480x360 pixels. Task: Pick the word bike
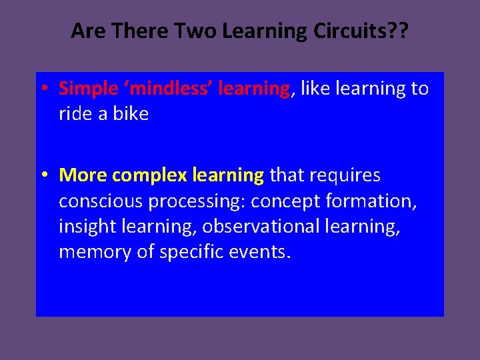[x=131, y=114]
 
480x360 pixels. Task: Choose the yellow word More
[x=83, y=175]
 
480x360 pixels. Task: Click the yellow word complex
[x=149, y=176]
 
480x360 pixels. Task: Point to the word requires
[x=345, y=176]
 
